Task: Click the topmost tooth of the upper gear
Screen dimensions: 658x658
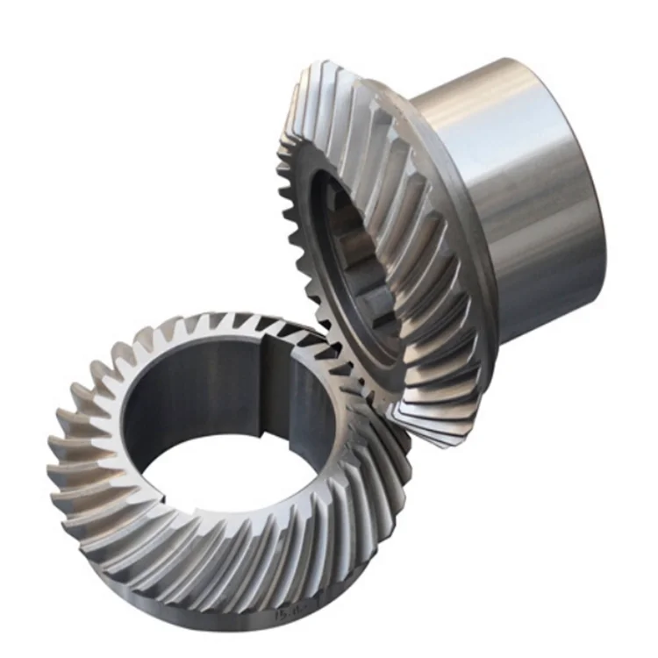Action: [325, 70]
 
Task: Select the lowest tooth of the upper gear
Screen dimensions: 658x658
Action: [430, 434]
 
